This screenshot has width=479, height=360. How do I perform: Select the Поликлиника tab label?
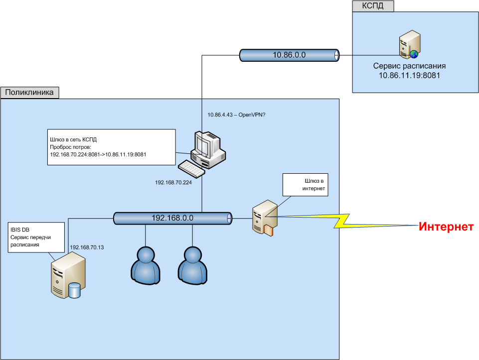[30, 93]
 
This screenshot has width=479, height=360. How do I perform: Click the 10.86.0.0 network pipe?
[289, 55]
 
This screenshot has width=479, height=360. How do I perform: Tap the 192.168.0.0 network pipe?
[172, 218]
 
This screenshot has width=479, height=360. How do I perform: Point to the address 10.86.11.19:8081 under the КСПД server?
[410, 76]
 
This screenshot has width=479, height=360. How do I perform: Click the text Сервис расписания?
[410, 66]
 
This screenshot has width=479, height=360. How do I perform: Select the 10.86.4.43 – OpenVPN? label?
[236, 116]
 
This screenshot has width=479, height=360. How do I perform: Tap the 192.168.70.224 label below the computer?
[173, 183]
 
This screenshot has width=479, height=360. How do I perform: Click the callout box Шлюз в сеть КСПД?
[111, 147]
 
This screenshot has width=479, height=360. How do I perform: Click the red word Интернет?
[446, 227]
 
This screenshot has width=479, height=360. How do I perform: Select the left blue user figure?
[146, 264]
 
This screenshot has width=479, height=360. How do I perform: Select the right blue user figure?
[193, 264]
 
